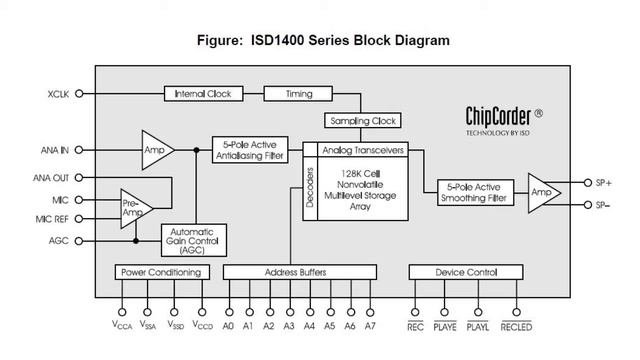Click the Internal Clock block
tap(203, 93)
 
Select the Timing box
tap(298, 93)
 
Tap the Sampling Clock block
tap(362, 120)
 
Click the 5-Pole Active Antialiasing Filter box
tap(250, 150)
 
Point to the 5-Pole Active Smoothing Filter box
tap(475, 192)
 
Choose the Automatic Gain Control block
tap(193, 240)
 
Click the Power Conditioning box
tap(162, 272)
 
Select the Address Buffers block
tap(300, 272)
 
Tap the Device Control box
tap(466, 272)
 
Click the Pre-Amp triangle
tap(134, 209)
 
